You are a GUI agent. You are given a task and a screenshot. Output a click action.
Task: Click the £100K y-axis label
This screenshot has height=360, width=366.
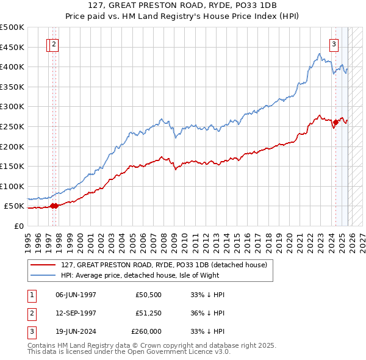tap(12, 186)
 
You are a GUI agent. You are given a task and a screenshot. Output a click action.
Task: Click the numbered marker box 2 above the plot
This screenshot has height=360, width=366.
tap(54, 44)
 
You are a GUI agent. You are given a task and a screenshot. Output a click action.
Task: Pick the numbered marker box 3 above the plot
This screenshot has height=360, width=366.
tap(334, 44)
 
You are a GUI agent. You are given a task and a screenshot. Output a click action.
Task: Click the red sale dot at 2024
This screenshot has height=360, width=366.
tap(335, 123)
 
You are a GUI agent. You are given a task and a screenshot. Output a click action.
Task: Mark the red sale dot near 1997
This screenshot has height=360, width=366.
tap(54, 206)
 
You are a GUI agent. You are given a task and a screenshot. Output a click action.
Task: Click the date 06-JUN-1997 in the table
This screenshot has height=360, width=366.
tap(76, 295)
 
